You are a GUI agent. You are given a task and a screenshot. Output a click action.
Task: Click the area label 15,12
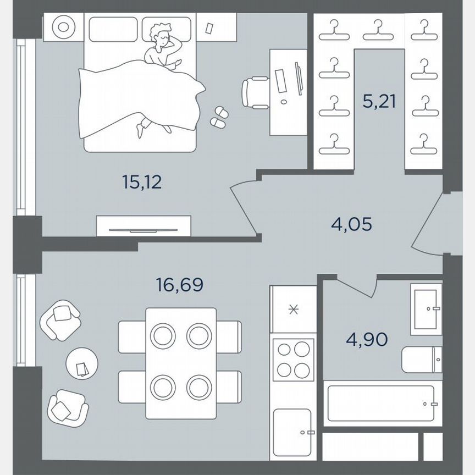(142, 183)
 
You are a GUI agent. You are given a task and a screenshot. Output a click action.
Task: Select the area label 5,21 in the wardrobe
(379, 102)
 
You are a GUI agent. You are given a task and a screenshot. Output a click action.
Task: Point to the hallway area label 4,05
(351, 224)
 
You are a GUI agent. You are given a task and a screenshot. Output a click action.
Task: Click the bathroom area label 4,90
(367, 340)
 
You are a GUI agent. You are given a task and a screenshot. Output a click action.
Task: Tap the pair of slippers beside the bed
(219, 117)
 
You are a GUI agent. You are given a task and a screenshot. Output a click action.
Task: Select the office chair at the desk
(255, 91)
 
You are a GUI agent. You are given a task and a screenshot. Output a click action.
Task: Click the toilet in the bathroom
(421, 360)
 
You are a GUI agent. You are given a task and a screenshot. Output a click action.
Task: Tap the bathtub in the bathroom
(382, 403)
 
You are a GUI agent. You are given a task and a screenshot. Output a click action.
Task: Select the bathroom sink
(426, 309)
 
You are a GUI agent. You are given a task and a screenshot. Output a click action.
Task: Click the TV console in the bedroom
(143, 225)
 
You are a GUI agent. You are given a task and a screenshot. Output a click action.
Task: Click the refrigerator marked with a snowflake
(294, 310)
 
